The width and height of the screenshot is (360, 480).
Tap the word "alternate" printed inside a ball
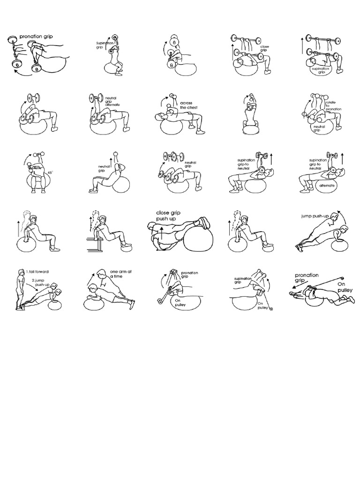[326, 185]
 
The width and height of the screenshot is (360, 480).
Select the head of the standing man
[21, 273]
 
